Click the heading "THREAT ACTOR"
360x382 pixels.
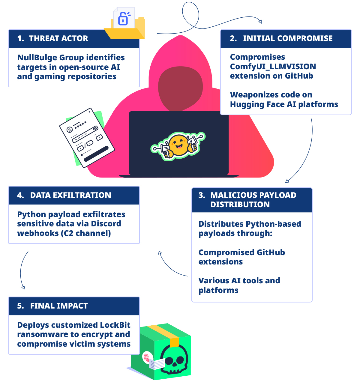58,38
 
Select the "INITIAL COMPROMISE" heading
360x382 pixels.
288,38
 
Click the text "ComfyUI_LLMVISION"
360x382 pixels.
273,67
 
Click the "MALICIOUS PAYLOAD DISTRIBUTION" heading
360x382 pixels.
253,200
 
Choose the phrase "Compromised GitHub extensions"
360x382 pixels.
241,257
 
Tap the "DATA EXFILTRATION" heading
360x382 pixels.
70,195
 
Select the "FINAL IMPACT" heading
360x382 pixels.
59,306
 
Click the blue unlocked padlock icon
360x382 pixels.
123,19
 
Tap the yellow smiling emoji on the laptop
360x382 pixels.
179,145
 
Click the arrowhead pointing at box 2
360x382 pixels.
260,21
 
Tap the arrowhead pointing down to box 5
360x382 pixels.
23,287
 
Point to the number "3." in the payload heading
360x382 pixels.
202,195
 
